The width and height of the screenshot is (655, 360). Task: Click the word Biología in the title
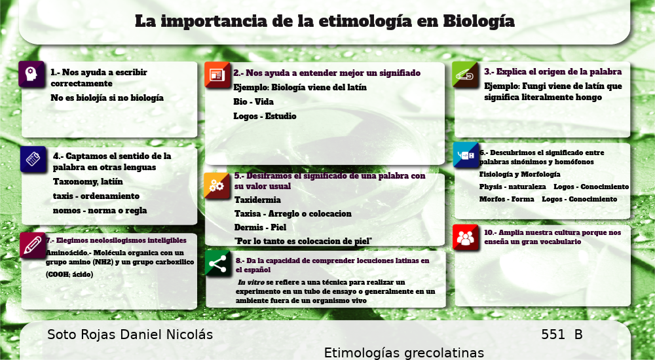pos(479,22)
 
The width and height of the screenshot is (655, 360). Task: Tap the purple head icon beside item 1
pos(31,75)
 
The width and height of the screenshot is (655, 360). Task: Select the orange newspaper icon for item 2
pos(217,75)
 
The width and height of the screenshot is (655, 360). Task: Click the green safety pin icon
pos(465,75)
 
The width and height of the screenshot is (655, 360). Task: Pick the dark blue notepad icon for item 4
pos(33,159)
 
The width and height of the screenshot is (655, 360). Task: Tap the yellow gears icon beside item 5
pos(217,186)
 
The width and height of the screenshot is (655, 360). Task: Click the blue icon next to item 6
pos(466,155)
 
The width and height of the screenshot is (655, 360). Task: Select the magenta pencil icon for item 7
pos(33,245)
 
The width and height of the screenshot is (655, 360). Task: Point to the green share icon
pos(217,263)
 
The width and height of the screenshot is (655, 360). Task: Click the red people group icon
pos(465,238)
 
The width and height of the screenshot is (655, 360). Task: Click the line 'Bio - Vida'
pos(253,102)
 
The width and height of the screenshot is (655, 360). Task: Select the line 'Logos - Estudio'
pos(265,117)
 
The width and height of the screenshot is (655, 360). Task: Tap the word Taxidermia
pos(257,200)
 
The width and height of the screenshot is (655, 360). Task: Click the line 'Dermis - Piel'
pos(260,228)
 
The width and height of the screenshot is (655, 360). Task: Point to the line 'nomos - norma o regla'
pos(100,211)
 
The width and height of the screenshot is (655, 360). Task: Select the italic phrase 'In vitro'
pos(251,283)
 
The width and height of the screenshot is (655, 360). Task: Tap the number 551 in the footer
pos(553,334)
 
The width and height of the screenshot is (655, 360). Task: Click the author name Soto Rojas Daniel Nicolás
pos(130,334)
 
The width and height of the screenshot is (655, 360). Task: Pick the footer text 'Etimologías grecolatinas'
pos(404,353)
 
